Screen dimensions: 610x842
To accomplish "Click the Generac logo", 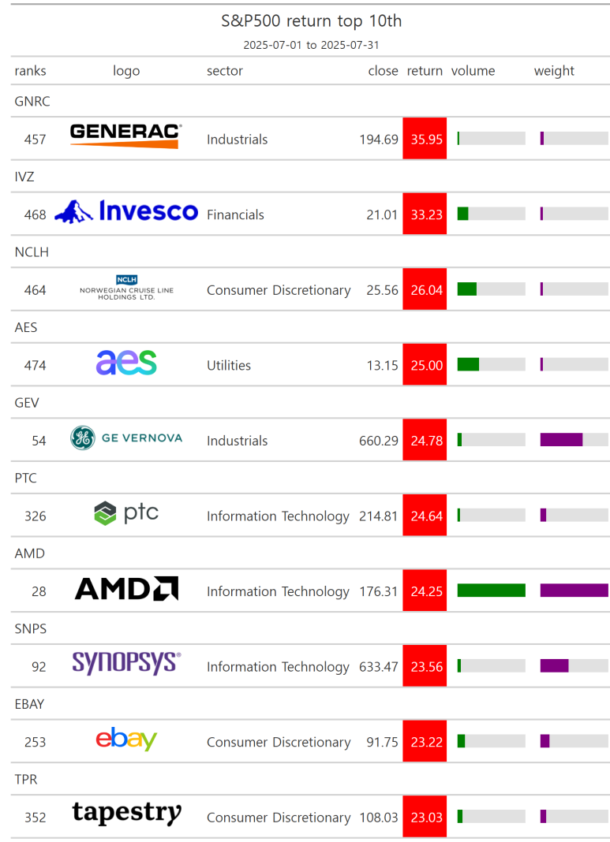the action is pos(125,136).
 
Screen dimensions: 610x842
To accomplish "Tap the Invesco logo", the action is pos(126,211).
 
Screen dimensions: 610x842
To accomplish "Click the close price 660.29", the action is pos(379,441).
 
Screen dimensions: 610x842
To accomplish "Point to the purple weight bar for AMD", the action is pos(574,591).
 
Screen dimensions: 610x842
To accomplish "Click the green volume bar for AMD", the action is pos(491,591).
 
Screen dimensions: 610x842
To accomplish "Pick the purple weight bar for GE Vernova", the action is pos(561,440).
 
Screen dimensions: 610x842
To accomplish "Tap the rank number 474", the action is pos(35,366).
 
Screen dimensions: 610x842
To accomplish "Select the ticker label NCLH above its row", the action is pos(32,251).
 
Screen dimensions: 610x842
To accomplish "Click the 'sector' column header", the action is pos(225,71).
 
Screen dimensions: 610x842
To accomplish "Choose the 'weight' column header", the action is pos(554,71).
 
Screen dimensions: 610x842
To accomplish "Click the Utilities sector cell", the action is pos(229,366).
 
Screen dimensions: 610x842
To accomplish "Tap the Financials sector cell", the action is pos(235,214).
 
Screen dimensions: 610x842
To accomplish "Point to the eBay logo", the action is pos(126,739).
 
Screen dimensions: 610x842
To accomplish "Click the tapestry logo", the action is pos(127,813).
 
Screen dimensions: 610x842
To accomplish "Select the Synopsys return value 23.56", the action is pos(427,667).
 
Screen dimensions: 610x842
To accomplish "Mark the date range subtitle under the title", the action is pos(311,45).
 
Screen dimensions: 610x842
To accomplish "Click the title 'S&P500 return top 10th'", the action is pos(311,21).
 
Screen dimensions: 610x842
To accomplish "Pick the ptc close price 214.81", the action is pos(379,516).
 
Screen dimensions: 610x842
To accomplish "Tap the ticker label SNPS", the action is pos(31,629).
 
